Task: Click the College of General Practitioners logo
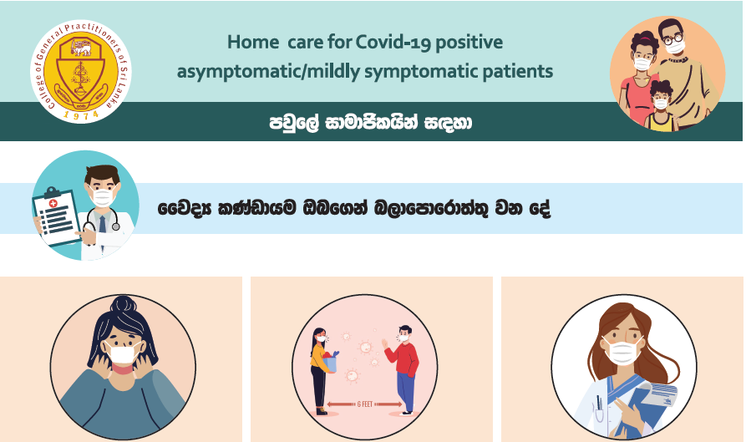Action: (81, 71)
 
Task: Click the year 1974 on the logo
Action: (81, 114)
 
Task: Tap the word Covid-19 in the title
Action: (393, 43)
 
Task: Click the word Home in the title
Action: (252, 42)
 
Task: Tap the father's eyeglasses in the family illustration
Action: (673, 38)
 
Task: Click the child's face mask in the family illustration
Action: (661, 104)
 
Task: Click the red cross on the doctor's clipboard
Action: (53, 203)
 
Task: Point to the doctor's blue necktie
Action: (102, 223)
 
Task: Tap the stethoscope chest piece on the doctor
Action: (115, 227)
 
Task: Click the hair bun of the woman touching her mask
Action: (124, 304)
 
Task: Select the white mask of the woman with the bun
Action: (123, 354)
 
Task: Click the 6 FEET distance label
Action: (365, 404)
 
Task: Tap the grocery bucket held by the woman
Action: (330, 363)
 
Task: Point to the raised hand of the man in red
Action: (384, 343)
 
